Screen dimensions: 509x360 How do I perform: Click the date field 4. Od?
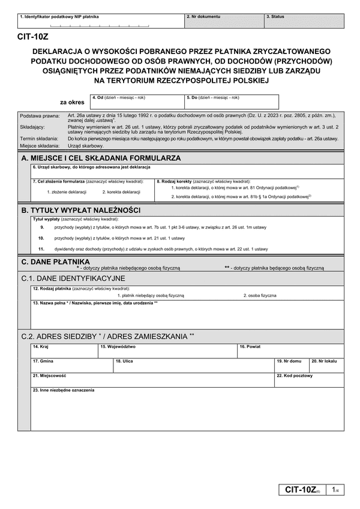click(x=136, y=102)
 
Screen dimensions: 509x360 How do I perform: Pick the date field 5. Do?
click(x=232, y=102)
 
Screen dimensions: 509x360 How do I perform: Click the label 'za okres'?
click(x=72, y=103)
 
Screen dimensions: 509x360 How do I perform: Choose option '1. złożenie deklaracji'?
click(x=67, y=191)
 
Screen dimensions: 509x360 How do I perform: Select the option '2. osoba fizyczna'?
click(x=260, y=295)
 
